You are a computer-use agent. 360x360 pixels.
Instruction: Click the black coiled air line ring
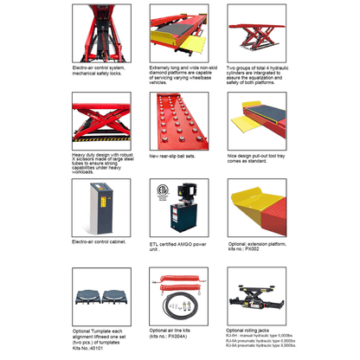(x=164, y=305)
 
